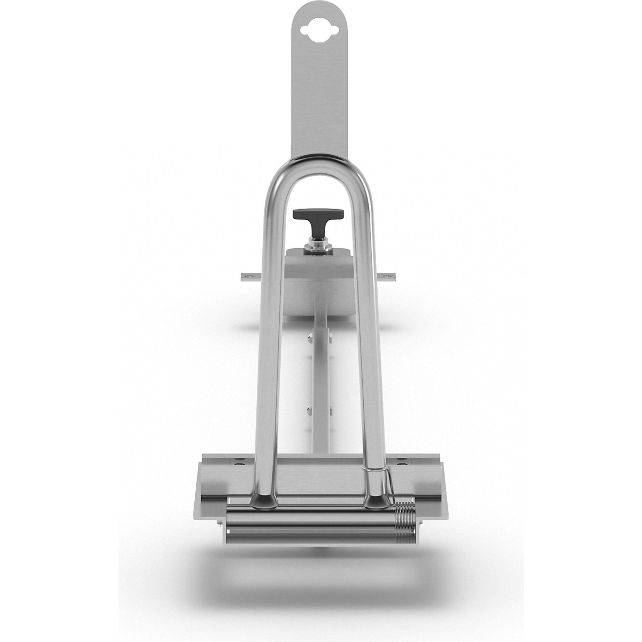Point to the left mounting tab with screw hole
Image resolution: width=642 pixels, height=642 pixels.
[247, 276]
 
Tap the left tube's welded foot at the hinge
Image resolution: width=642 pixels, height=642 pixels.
[262, 500]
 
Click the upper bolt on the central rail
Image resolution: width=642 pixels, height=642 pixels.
[310, 338]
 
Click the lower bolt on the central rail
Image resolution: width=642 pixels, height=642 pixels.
[310, 411]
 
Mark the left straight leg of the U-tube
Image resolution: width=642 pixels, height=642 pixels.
[266, 348]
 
